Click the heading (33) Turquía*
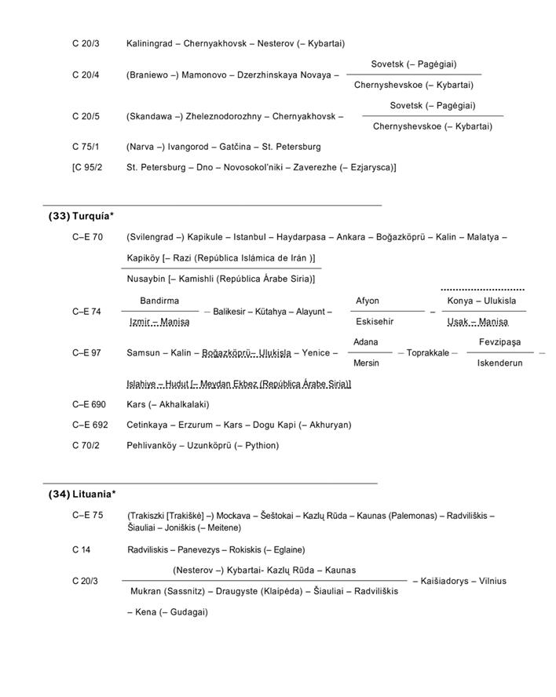pyautogui.click(x=82, y=216)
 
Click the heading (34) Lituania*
pyautogui.click(x=82, y=494)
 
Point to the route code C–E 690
pyautogui.click(x=89, y=404)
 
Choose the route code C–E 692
pyautogui.click(x=89, y=425)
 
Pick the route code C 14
pyautogui.click(x=81, y=549)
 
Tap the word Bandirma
pyautogui.click(x=159, y=301)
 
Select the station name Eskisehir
pyautogui.click(x=375, y=322)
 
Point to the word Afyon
pyautogui.click(x=368, y=301)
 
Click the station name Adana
pyautogui.click(x=366, y=342)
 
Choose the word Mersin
pyautogui.click(x=367, y=363)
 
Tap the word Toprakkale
pyautogui.click(x=428, y=353)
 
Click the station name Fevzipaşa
pyautogui.click(x=500, y=342)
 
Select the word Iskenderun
pyautogui.click(x=499, y=363)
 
